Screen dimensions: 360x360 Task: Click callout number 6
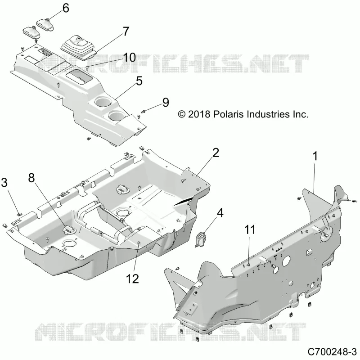pyautogui.click(x=66, y=8)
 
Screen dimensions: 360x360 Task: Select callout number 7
pyautogui.click(x=126, y=31)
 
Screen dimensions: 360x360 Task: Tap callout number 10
pyautogui.click(x=129, y=58)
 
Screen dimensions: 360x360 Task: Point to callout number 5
pyautogui.click(x=139, y=81)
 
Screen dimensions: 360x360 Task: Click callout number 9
pyautogui.click(x=166, y=103)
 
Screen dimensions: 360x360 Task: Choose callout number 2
pyautogui.click(x=216, y=153)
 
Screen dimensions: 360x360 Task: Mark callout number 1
pyautogui.click(x=315, y=156)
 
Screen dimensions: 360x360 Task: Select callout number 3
pyautogui.click(x=4, y=183)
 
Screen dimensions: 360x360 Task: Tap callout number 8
pyautogui.click(x=31, y=178)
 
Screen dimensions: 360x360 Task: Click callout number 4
pyautogui.click(x=220, y=213)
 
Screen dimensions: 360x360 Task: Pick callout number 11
pyautogui.click(x=250, y=230)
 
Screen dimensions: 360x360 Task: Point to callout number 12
pyautogui.click(x=132, y=279)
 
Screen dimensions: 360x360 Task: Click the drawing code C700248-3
pyautogui.click(x=332, y=352)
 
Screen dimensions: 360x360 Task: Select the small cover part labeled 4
pyautogui.click(x=201, y=239)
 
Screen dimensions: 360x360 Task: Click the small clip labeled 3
pyautogui.click(x=19, y=215)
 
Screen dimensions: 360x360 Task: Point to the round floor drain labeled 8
pyautogui.click(x=68, y=229)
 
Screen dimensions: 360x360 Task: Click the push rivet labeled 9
pyautogui.click(x=144, y=111)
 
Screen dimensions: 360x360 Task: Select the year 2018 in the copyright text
pyautogui.click(x=199, y=114)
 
